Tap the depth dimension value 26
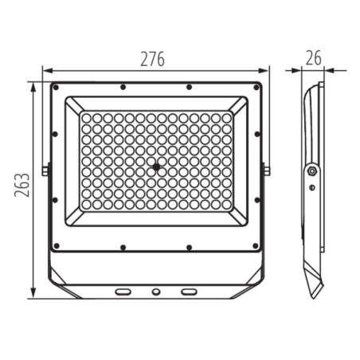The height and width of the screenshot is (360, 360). coord(313,57)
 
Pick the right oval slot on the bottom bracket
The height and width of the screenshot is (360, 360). coord(189,292)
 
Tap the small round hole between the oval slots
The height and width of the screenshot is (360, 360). coord(156,292)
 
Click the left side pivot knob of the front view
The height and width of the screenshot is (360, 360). coord(46,170)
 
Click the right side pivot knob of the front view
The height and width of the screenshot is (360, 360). coord(267,170)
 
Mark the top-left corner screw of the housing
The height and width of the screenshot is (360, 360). coord(56,88)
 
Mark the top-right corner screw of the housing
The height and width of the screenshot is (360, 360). coord(256,88)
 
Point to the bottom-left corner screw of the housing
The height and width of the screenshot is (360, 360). coord(56,246)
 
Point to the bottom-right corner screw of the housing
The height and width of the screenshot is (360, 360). coord(256,246)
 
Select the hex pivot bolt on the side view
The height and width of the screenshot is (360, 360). coord(311,170)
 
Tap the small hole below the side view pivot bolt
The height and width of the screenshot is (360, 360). coord(311,188)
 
